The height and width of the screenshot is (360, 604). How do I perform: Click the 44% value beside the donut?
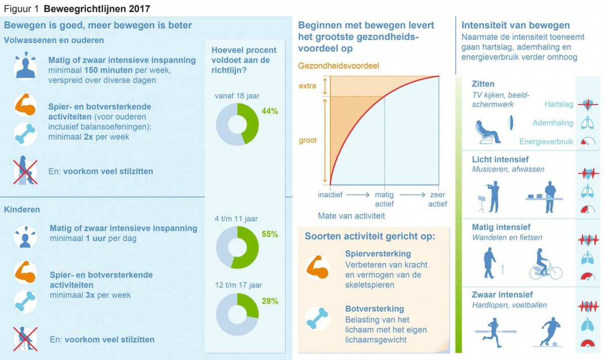(270, 111)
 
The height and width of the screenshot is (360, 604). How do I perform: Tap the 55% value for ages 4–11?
(270, 234)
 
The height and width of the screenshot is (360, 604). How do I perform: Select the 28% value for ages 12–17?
(270, 301)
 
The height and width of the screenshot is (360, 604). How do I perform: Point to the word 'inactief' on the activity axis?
(331, 195)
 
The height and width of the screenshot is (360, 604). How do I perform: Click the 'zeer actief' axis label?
(437, 199)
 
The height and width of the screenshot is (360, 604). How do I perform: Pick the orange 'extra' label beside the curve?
(307, 86)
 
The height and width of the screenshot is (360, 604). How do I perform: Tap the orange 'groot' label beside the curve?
(308, 140)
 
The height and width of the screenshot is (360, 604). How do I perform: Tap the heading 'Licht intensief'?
(500, 160)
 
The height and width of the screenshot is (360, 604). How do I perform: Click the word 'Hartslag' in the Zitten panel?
(559, 104)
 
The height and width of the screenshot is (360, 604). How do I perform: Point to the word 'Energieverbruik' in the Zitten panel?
(546, 142)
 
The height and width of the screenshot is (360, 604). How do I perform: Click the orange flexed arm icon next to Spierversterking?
(318, 267)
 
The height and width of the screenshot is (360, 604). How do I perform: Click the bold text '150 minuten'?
(105, 70)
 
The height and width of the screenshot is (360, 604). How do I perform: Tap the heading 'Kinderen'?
(22, 208)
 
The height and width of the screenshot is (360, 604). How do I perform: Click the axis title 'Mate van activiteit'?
(351, 216)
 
